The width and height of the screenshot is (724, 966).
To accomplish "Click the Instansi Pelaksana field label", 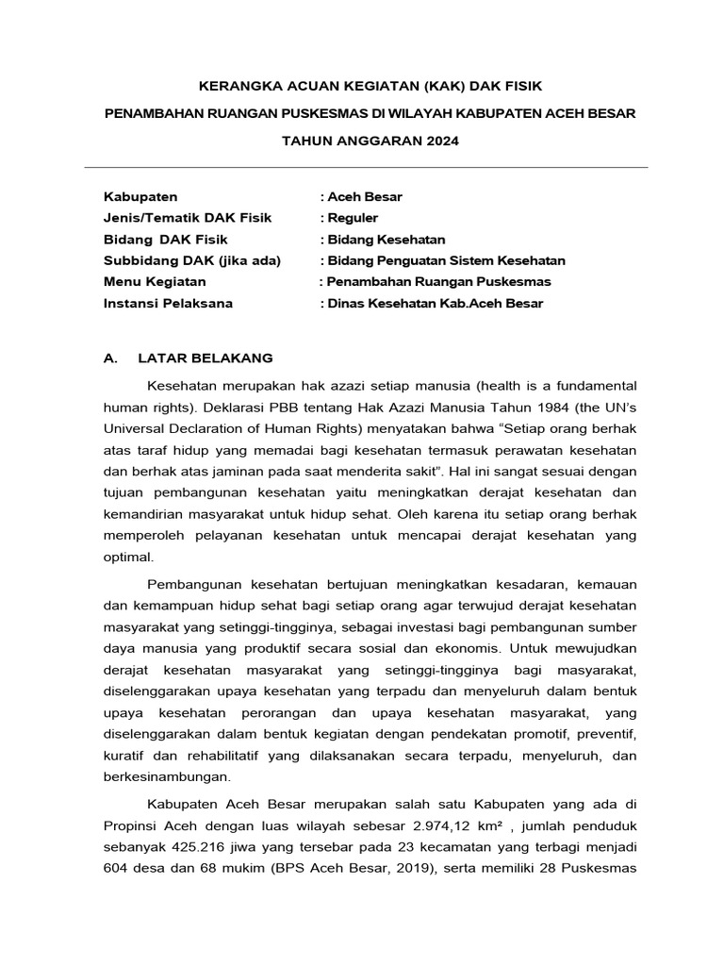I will click(168, 303).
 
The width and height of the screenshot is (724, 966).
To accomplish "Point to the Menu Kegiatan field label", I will click(155, 281).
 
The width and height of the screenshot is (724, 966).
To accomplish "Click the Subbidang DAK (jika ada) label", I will click(191, 260).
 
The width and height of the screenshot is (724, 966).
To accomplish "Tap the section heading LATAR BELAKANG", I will click(205, 358).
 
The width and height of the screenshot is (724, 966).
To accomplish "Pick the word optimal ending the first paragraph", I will click(127, 558).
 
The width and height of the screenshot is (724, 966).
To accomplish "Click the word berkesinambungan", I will click(166, 778).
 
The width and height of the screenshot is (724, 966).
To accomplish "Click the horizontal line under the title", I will click(366, 168).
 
